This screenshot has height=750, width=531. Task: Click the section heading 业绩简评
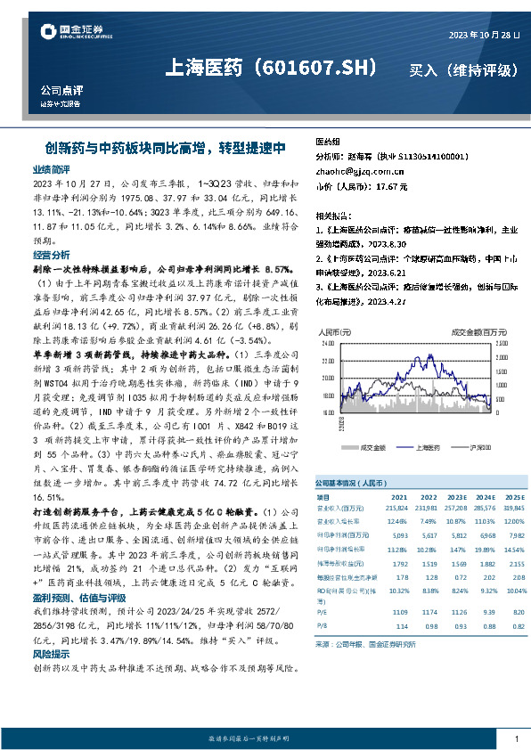(x=51, y=168)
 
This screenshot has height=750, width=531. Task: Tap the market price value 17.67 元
(x=390, y=187)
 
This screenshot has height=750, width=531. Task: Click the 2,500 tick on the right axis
(x=501, y=342)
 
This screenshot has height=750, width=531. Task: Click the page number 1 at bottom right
(x=517, y=739)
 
